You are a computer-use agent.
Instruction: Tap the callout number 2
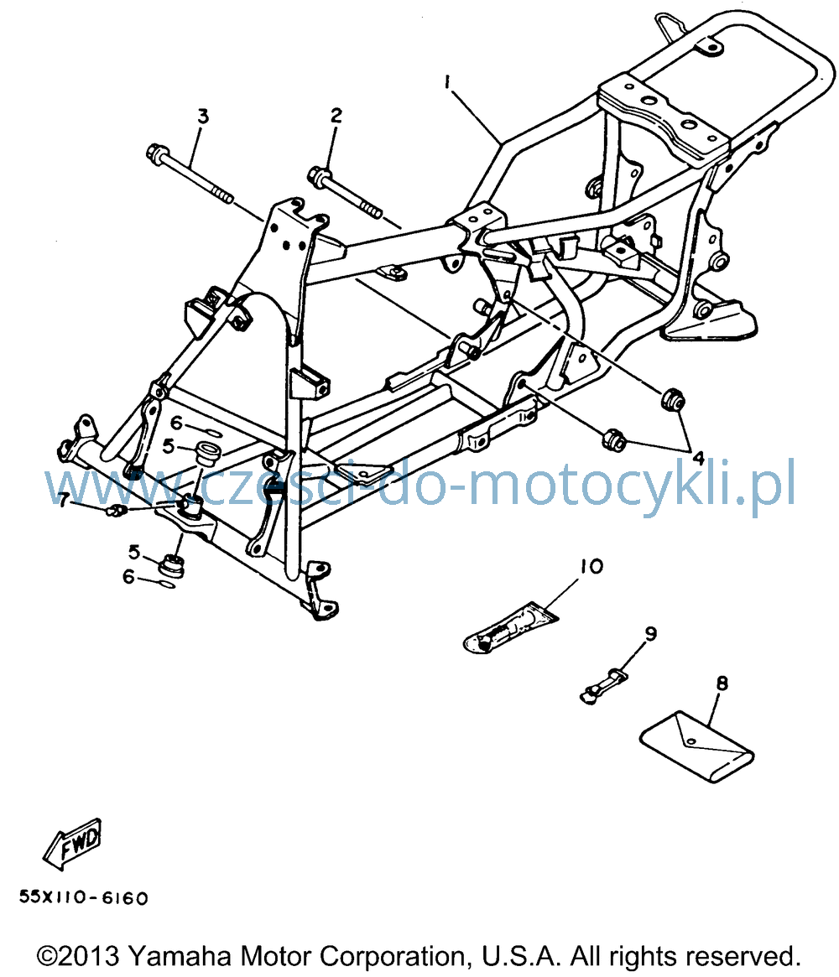[336, 115]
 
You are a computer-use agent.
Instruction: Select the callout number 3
[202, 116]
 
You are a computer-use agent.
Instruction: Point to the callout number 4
[698, 459]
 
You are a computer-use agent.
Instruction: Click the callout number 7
[63, 500]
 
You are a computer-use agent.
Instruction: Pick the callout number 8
[722, 683]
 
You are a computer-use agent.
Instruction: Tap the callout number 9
[650, 634]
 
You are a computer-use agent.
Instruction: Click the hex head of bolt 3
[155, 153]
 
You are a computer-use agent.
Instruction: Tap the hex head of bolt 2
[318, 174]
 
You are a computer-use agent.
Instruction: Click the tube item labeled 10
[510, 627]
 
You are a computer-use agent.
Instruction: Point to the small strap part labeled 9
[602, 685]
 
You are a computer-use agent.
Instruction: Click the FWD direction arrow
[72, 844]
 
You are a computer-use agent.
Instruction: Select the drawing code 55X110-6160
[84, 898]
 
